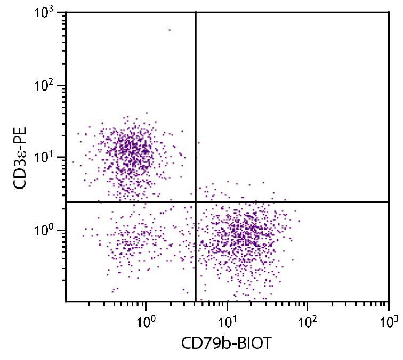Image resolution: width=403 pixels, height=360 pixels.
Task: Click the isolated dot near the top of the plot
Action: point(170,30)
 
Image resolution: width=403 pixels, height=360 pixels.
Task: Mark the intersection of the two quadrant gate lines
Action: point(196,202)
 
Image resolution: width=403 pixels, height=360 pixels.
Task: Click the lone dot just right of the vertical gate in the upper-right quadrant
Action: point(199,143)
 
